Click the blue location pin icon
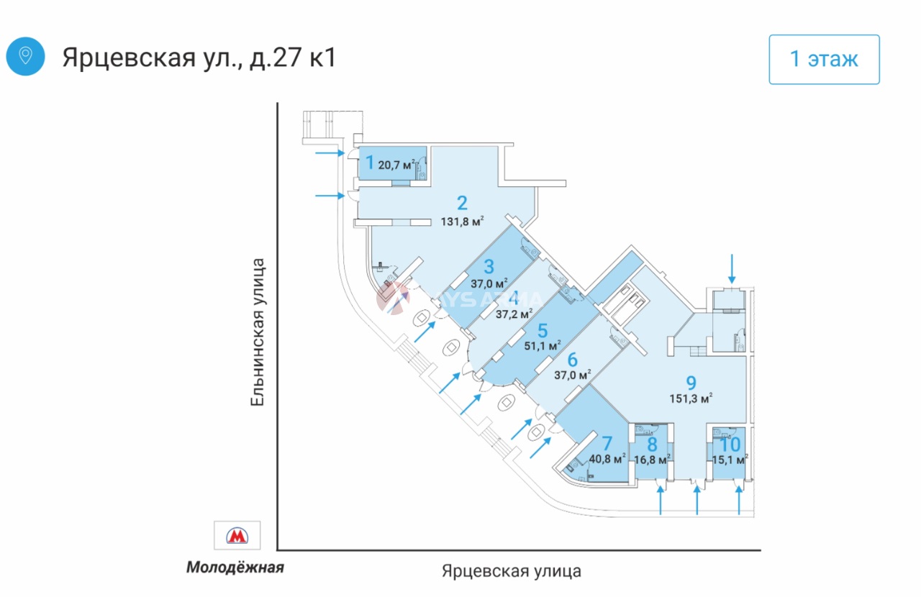tap(25, 56)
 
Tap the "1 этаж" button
tap(824, 59)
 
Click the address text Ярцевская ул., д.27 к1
tap(199, 58)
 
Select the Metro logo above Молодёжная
tap(237, 535)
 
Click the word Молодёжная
tap(235, 568)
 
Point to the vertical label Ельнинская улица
tap(258, 332)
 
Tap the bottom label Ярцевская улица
tap(511, 571)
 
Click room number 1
tap(370, 163)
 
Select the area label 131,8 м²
tap(462, 222)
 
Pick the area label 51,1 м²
tap(543, 346)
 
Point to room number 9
tap(691, 382)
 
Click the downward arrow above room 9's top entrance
tap(732, 268)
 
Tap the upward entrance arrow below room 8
tap(662, 501)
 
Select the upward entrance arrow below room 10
tap(740, 501)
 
